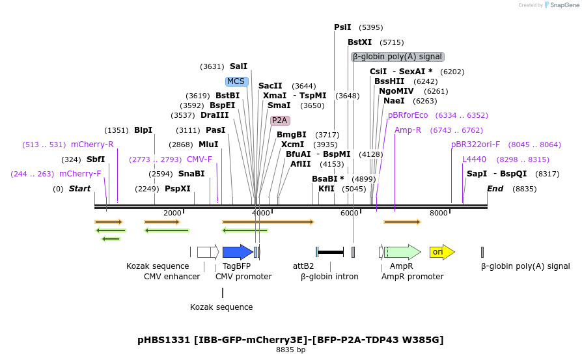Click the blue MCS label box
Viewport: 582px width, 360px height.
(236, 81)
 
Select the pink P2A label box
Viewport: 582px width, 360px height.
(279, 120)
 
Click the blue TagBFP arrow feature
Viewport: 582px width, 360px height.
(237, 252)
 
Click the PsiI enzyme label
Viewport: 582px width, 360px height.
(342, 27)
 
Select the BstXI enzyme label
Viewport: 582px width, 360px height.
(359, 42)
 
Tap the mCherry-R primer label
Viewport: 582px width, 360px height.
(92, 145)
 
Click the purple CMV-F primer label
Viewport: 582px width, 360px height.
(199, 159)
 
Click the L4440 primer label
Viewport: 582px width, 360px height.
(474, 159)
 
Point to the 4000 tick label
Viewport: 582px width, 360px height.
(260, 214)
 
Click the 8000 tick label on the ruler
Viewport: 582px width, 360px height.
(439, 214)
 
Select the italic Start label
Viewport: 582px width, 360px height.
(79, 189)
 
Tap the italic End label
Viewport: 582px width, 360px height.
(495, 189)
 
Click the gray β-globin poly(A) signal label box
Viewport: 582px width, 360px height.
(398, 57)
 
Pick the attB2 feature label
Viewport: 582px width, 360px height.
(303, 266)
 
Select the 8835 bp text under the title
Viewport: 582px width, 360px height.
(290, 350)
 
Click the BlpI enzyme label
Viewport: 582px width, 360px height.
(143, 130)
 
